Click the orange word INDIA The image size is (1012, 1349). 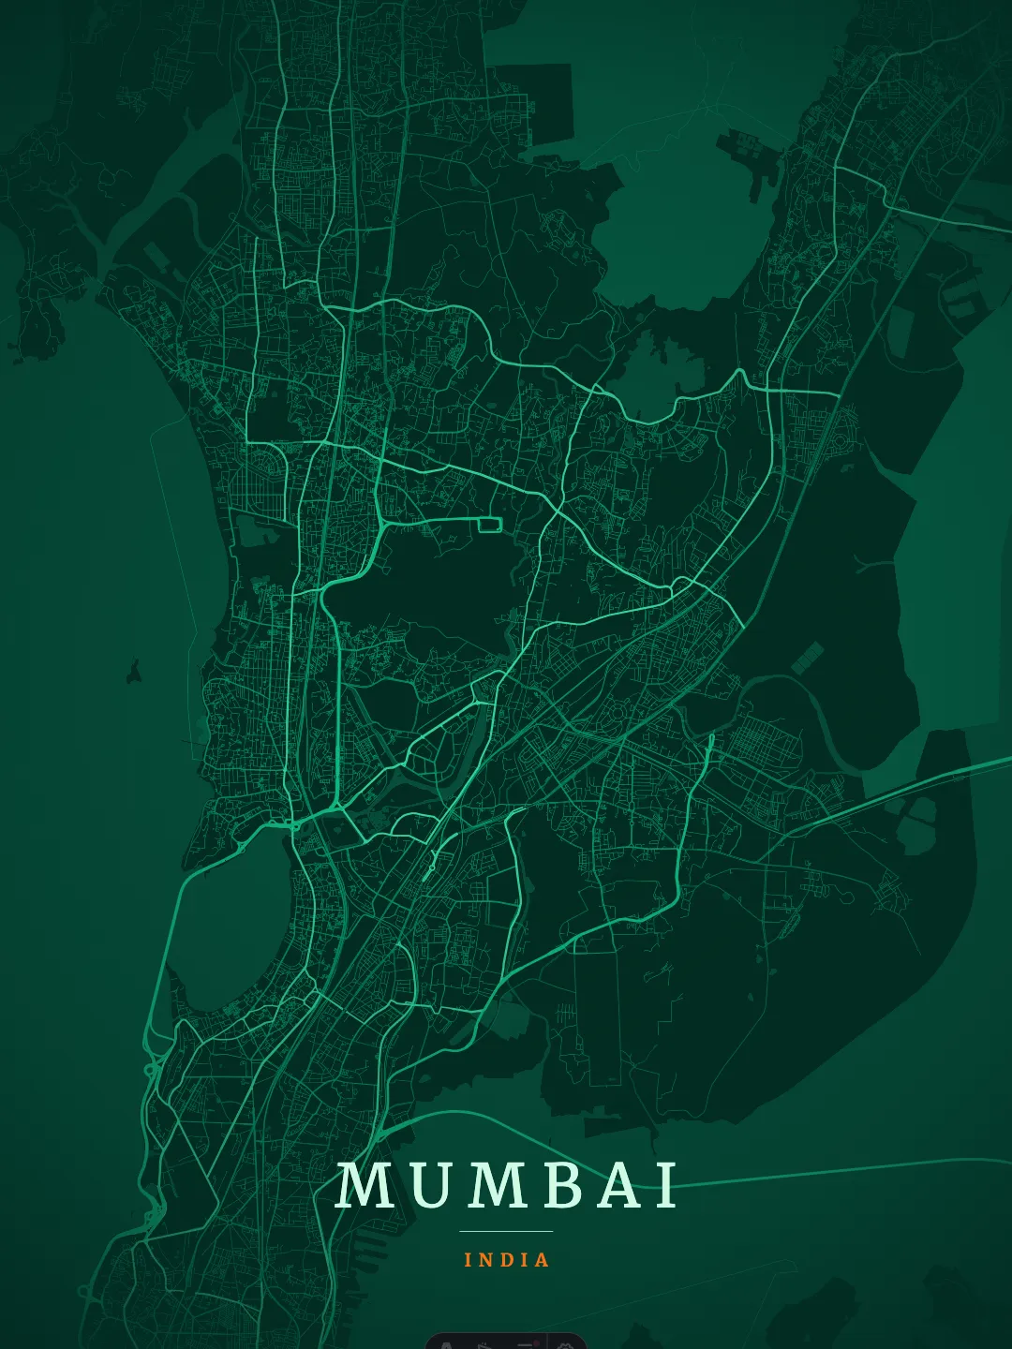point(507,1260)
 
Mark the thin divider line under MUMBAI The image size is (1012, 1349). point(506,1231)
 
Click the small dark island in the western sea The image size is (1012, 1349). point(134,671)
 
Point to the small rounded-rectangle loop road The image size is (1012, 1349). point(490,524)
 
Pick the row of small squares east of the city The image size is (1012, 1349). point(807,658)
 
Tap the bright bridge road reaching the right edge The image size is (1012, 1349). point(937,777)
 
